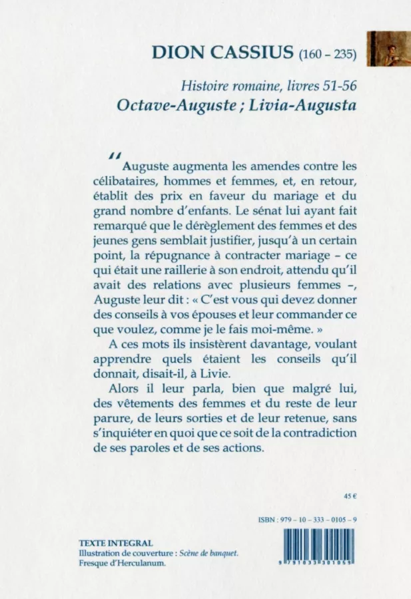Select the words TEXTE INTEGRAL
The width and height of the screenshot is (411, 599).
[115, 543]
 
